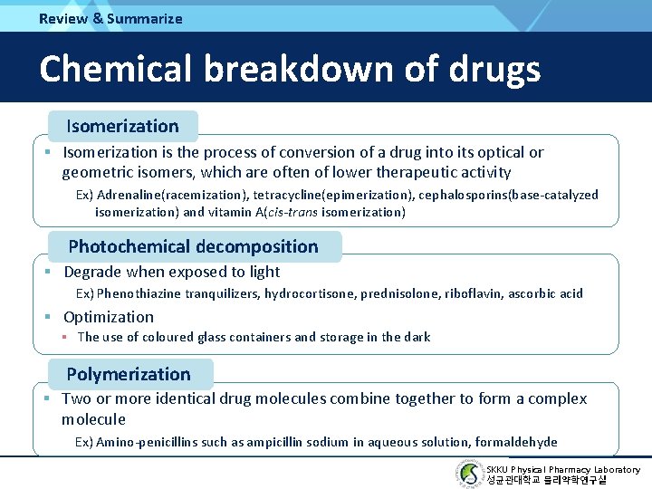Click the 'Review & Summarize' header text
[x=110, y=18]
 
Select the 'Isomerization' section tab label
[x=122, y=126]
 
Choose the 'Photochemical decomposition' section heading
[x=193, y=246]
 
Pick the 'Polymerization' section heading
[x=129, y=374]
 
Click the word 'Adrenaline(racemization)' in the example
[x=172, y=195]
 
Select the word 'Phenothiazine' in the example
[x=139, y=293]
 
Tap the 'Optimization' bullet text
[x=109, y=317]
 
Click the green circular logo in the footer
[x=470, y=474]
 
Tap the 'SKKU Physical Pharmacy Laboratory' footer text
[x=563, y=469]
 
